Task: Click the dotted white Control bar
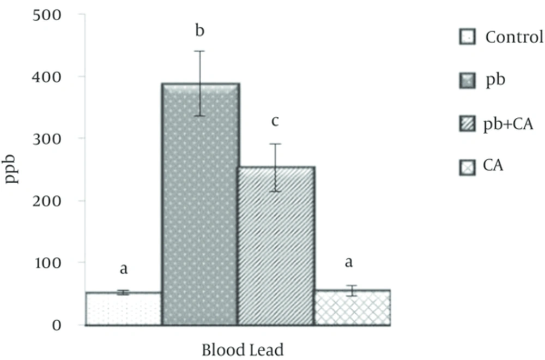coord(124,309)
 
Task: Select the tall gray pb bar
coord(200,204)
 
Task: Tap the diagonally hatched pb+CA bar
coord(277,246)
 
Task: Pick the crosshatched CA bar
coord(353,308)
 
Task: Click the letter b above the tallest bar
coord(200,30)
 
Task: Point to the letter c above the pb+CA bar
coord(275,122)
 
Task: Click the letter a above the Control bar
coord(124,269)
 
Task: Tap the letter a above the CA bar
coord(349,262)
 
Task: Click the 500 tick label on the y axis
coord(47,15)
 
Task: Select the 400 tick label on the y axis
coord(47,77)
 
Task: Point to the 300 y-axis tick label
coord(47,139)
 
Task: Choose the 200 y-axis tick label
coord(47,201)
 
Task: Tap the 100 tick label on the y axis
coord(48,262)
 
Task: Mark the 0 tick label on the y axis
coord(57,325)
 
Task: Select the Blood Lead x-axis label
coord(243,350)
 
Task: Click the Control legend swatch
coord(467,37)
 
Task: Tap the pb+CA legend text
coord(508,124)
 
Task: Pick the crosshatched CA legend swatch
coord(467,167)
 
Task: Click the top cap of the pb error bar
coord(200,51)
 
